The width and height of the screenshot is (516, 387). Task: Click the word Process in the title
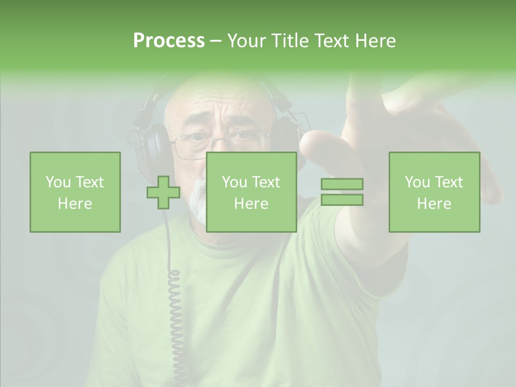tap(169, 41)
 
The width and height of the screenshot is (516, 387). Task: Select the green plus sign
tap(163, 192)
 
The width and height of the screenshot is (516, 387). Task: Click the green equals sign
tap(342, 192)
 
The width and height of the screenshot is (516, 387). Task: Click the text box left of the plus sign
tap(75, 192)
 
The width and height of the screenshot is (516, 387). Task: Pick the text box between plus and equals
tap(252, 192)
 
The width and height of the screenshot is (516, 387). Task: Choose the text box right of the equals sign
tap(434, 192)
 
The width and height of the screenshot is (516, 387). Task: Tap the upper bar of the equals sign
tap(342, 184)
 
